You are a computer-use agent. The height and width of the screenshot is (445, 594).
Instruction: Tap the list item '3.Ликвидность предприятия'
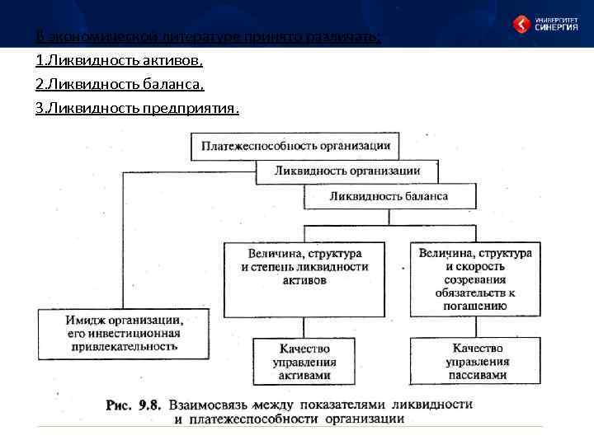tap(137, 108)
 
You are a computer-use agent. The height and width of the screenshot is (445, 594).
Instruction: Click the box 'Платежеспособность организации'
tap(295, 146)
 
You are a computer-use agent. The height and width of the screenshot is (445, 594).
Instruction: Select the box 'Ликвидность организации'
tap(346, 171)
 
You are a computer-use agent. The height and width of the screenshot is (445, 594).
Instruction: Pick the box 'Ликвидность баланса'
tap(389, 196)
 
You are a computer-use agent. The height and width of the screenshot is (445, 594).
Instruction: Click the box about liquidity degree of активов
tap(304, 279)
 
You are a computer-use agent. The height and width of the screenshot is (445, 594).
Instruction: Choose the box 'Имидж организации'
tap(123, 334)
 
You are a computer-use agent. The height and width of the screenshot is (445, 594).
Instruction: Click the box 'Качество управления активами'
tap(304, 362)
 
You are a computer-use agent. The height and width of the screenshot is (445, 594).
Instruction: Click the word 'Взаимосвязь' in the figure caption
tap(209, 405)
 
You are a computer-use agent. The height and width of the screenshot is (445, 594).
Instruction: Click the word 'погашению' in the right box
tap(475, 306)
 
